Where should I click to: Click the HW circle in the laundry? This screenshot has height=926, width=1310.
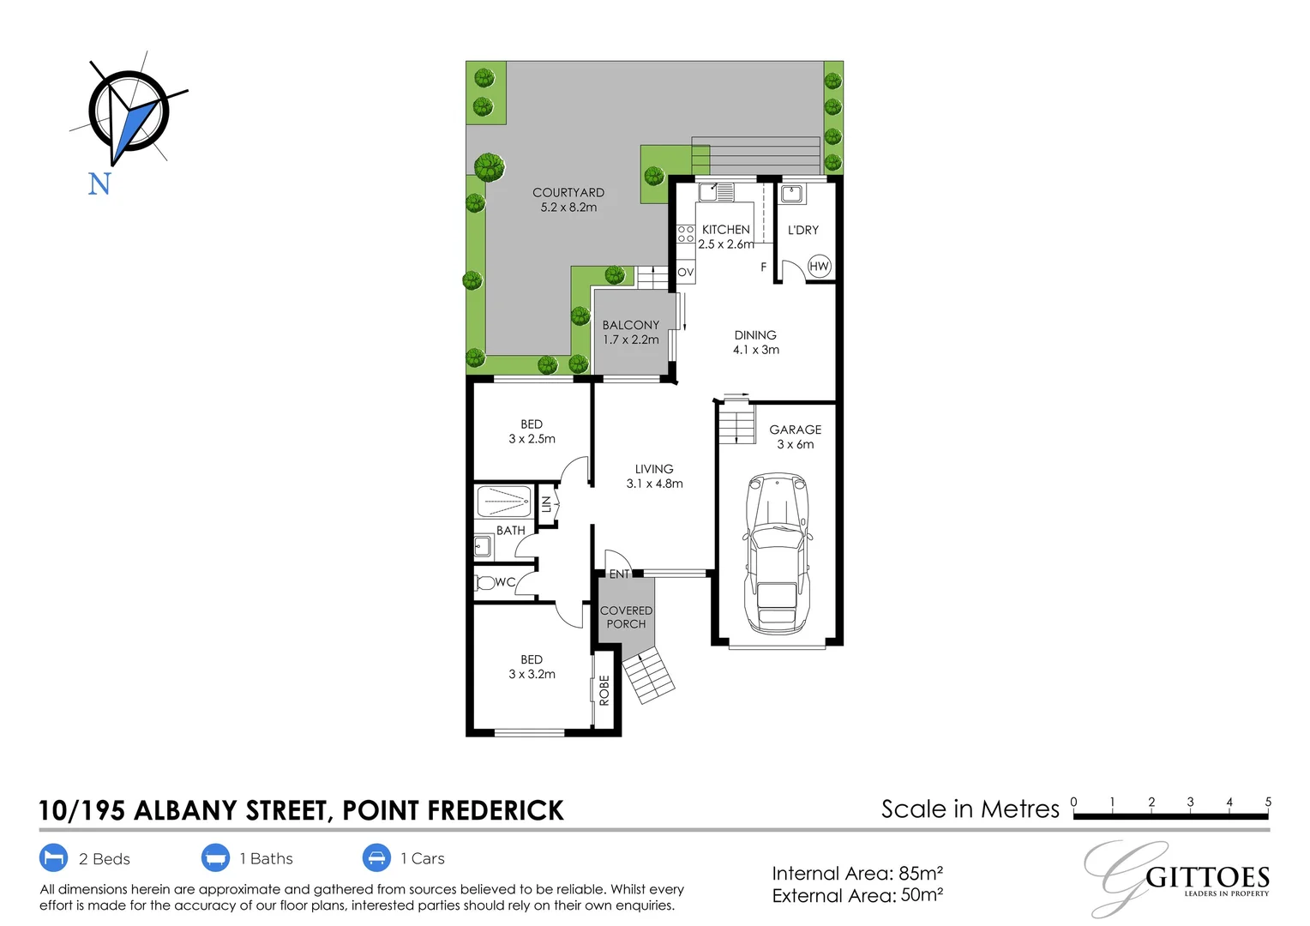tap(820, 266)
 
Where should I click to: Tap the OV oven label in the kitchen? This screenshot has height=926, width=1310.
tap(685, 272)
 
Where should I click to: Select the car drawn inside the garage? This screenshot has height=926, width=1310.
tap(778, 553)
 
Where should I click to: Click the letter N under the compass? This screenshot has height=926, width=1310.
tap(99, 183)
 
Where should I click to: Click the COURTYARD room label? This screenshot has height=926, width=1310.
tap(568, 192)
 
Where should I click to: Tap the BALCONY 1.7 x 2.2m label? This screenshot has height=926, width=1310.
tap(631, 333)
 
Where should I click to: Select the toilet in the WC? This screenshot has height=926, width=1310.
tap(484, 583)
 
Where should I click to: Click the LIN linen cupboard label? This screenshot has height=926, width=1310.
tap(546, 504)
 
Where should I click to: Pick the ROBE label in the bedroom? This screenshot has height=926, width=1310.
tap(604, 690)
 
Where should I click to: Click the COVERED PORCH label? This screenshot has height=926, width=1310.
tap(627, 617)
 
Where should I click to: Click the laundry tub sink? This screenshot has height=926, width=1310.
tap(792, 193)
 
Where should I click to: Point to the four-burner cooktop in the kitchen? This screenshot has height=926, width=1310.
tap(686, 234)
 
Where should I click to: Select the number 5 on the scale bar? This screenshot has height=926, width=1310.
tap(1268, 802)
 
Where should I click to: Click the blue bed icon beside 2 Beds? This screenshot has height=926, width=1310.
tap(53, 858)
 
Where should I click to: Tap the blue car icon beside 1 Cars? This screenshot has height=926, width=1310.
tap(376, 858)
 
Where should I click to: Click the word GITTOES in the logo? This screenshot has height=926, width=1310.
tap(1208, 877)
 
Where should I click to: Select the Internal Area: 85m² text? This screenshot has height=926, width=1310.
tap(857, 874)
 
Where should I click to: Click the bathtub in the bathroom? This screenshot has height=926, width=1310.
tap(503, 502)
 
